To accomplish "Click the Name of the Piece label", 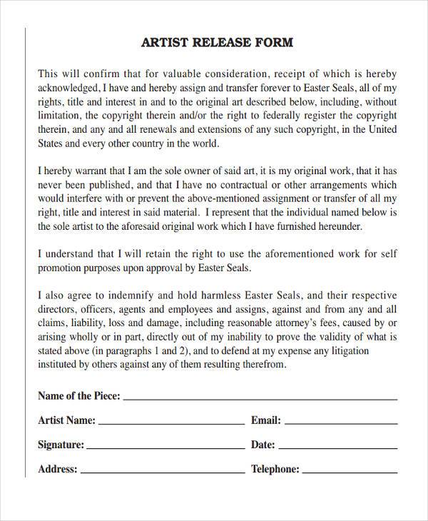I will tap(79, 396).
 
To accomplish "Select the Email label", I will tap(266, 420).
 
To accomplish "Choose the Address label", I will tap(57, 470).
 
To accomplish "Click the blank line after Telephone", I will tap(350, 472).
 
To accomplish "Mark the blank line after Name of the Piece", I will tap(261, 399).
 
